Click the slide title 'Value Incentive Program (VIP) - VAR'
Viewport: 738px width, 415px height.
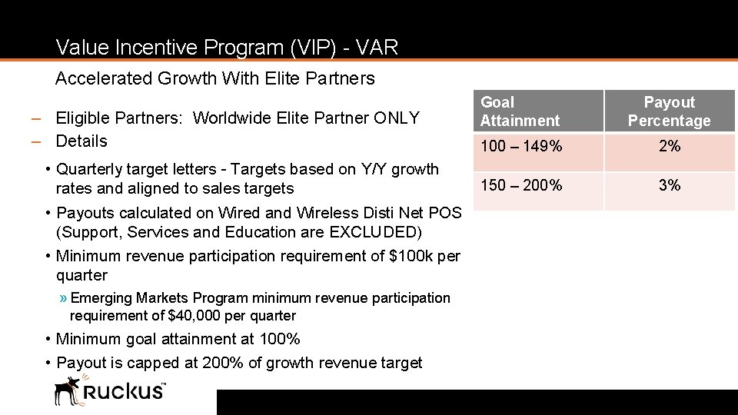227,48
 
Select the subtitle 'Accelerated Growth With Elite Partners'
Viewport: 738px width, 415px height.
215,78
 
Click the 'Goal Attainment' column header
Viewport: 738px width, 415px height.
520,111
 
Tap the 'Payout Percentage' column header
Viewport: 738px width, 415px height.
669,111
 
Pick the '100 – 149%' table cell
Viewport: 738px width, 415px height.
521,146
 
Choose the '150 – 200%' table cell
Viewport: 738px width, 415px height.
521,185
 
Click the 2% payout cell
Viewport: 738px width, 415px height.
669,146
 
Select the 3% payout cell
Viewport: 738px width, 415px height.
669,185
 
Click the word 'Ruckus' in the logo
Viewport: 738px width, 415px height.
123,391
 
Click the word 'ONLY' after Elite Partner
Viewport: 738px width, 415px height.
397,118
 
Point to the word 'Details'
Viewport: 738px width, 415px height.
81,141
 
